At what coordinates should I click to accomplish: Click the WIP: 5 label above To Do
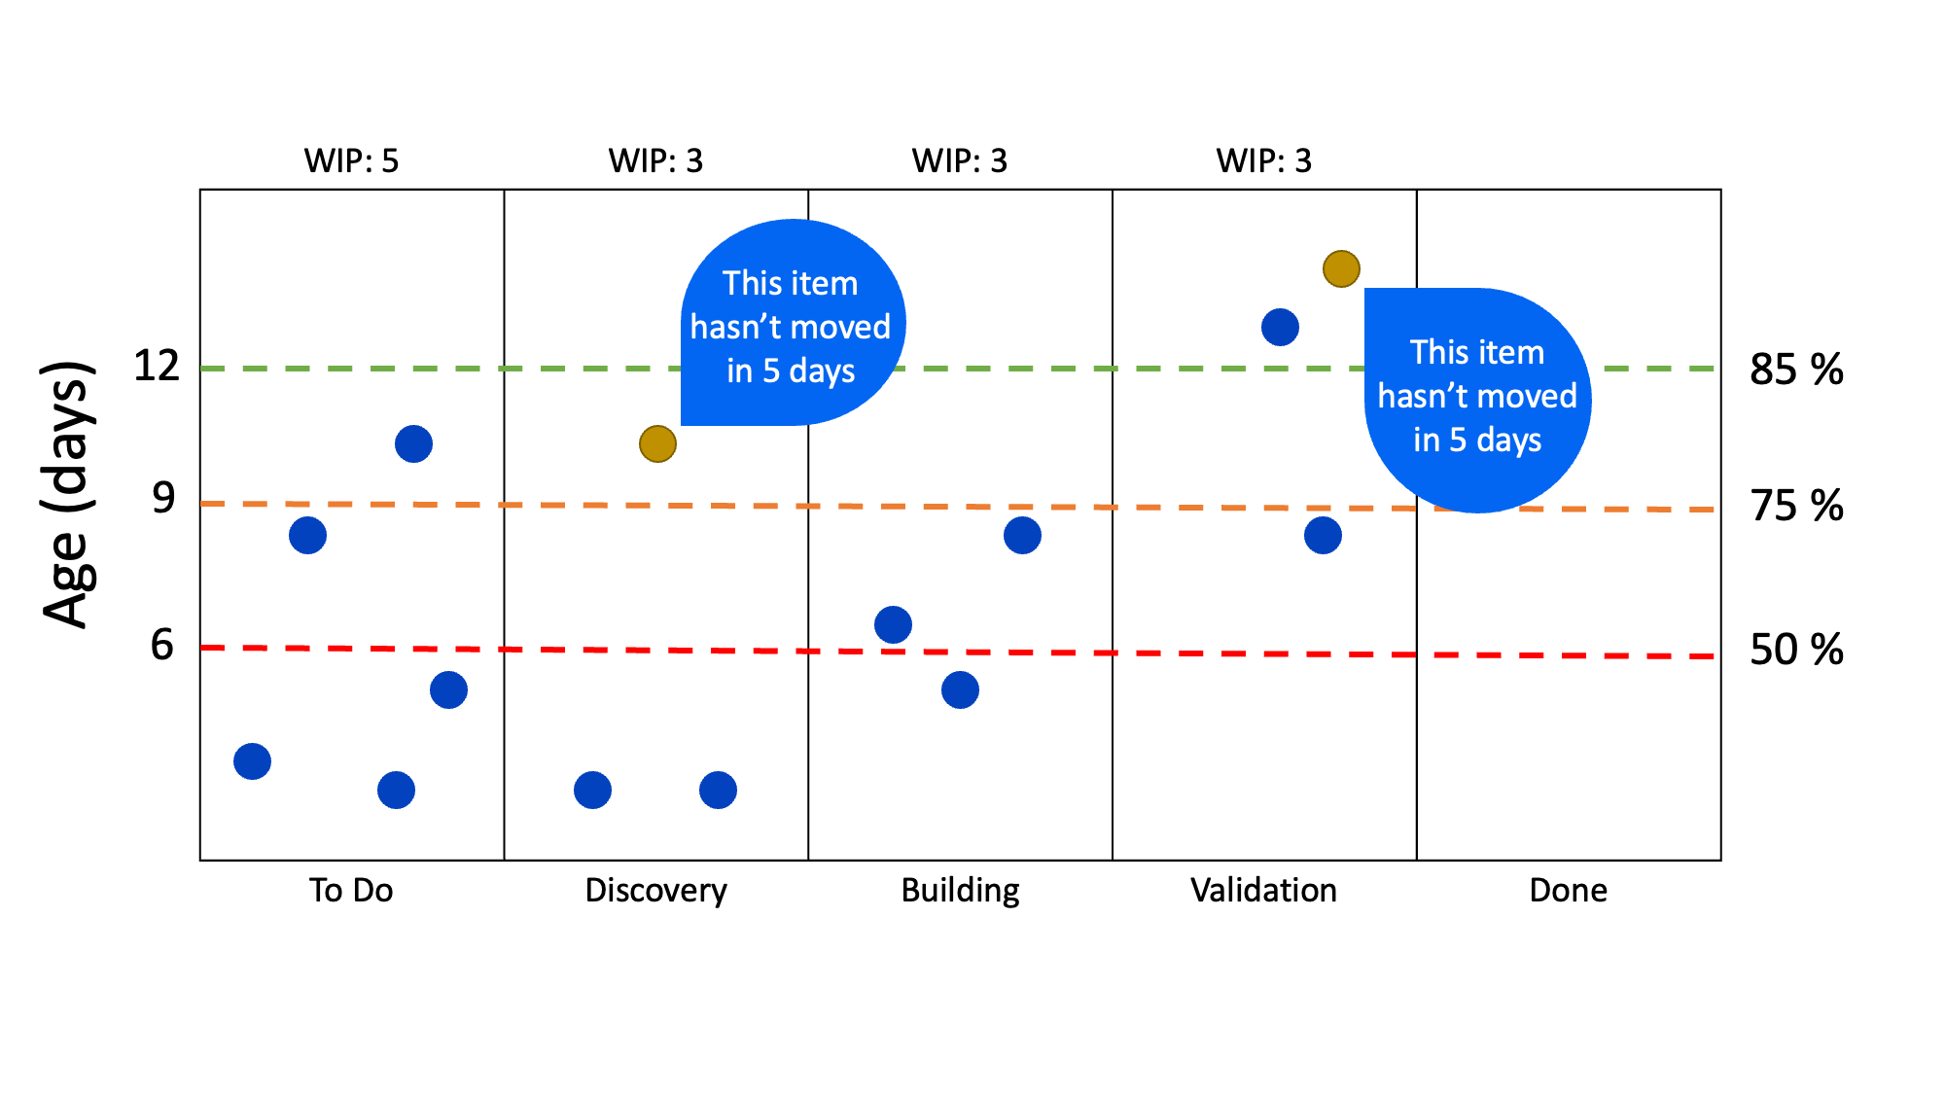(351, 160)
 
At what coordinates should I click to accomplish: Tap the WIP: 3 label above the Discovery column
(655, 160)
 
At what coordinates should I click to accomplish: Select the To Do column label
(351, 890)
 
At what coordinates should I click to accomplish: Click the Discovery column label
(655, 890)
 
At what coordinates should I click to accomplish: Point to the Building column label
(960, 890)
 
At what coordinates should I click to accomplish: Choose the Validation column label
(1263, 890)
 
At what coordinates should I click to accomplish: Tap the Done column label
(1568, 890)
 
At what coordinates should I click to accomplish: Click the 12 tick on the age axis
(157, 367)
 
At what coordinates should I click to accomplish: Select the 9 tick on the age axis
(163, 498)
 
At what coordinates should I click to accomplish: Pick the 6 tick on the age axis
(162, 645)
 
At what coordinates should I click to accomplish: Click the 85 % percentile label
(1796, 370)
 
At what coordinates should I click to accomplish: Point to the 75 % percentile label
(1796, 506)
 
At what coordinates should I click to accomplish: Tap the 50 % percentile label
(1796, 650)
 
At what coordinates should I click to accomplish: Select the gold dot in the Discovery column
(657, 443)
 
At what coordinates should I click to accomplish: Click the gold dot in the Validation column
(1341, 268)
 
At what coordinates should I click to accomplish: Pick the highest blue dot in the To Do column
(413, 443)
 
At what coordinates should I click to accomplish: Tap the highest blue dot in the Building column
(1022, 535)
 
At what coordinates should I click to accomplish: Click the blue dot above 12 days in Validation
(1280, 327)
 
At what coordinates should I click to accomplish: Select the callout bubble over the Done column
(1477, 399)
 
